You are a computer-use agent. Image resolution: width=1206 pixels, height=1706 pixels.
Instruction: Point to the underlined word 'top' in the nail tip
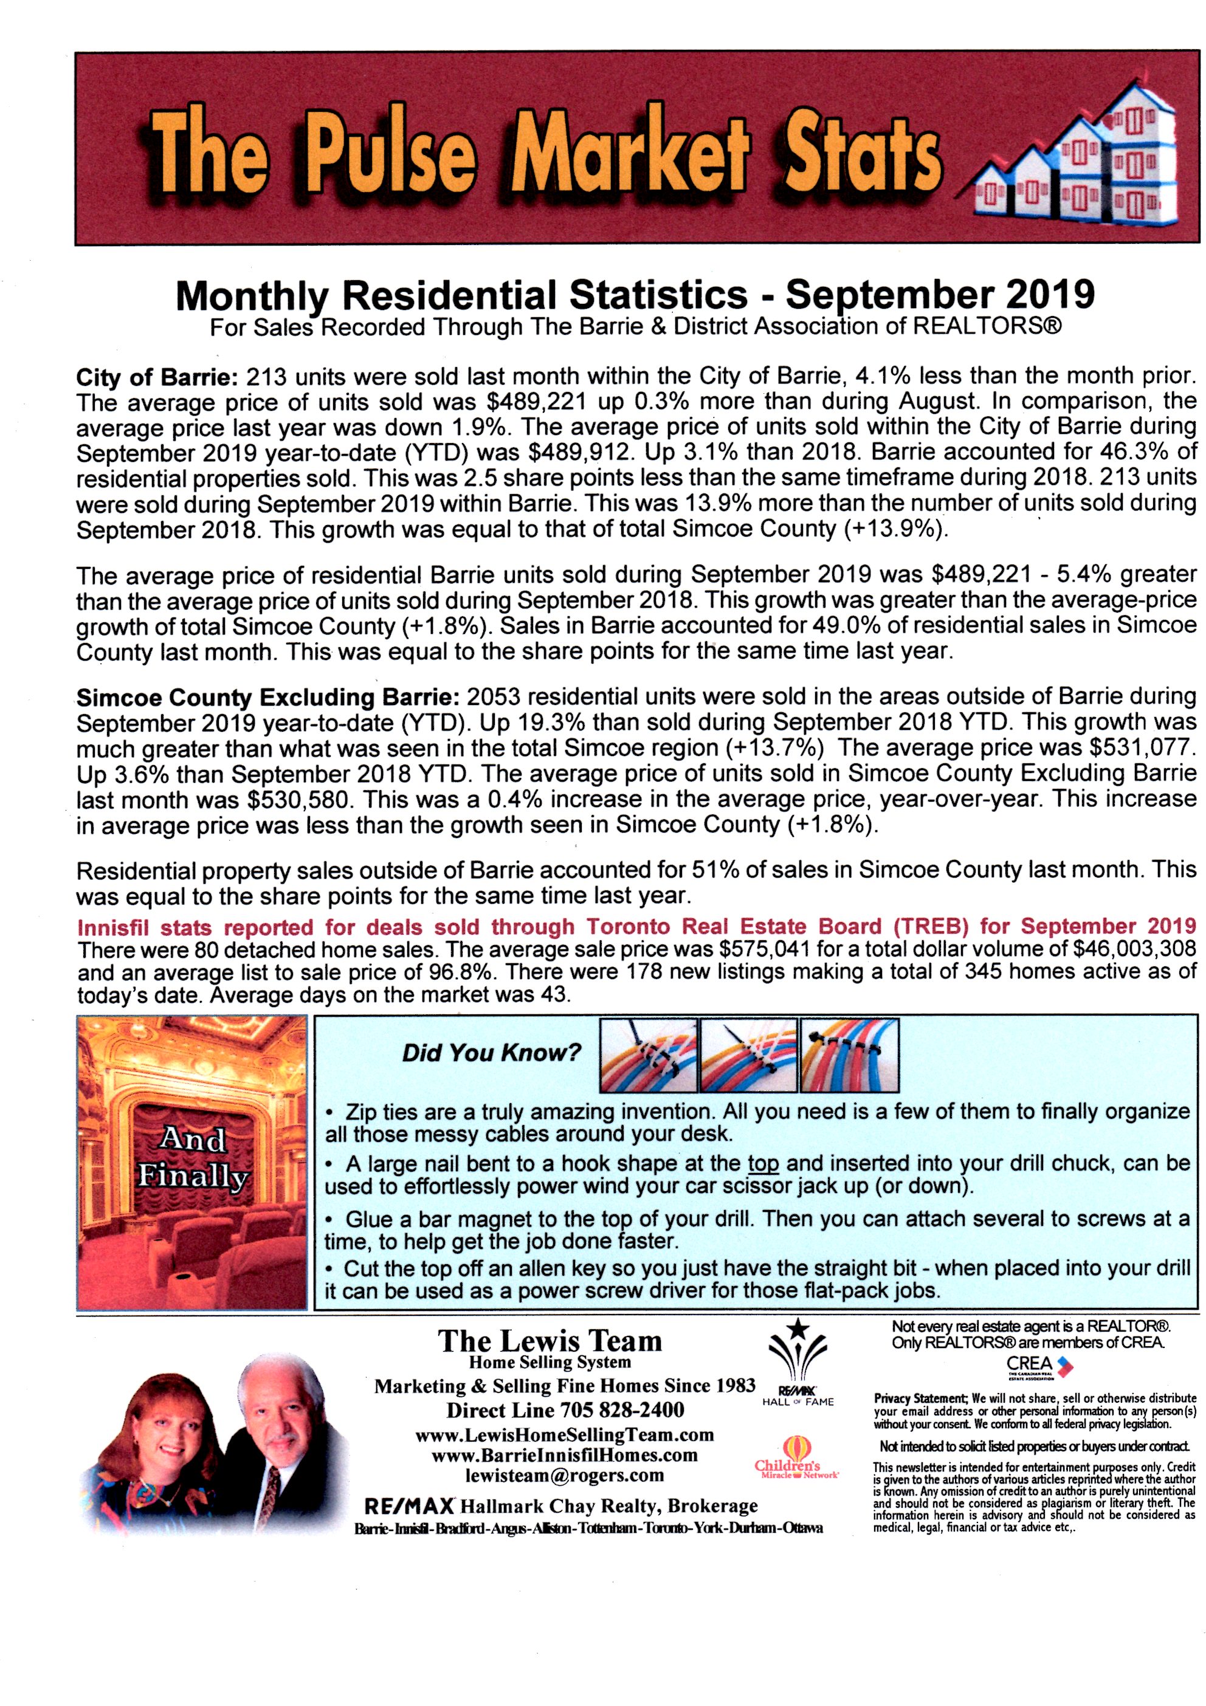(763, 1164)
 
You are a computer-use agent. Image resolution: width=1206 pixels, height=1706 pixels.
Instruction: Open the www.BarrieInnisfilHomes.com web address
(564, 1455)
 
